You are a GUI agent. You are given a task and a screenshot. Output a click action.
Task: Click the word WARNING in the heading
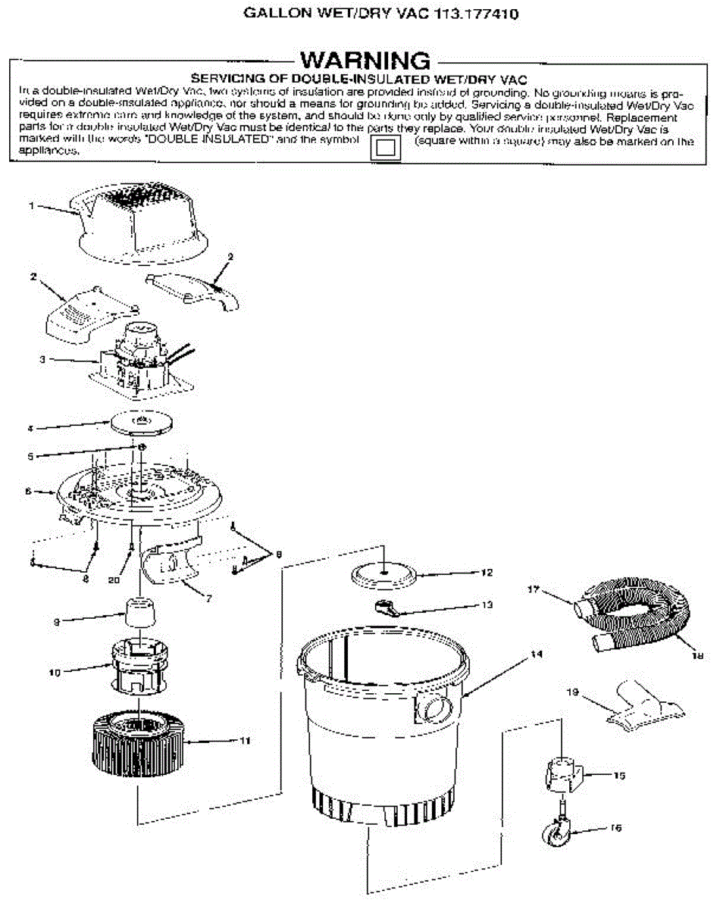tap(366, 61)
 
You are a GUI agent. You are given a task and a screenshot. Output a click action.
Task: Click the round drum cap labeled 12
tap(385, 573)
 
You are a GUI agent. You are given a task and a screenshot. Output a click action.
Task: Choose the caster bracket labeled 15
tap(562, 773)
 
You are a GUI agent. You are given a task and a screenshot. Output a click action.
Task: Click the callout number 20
tap(114, 581)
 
